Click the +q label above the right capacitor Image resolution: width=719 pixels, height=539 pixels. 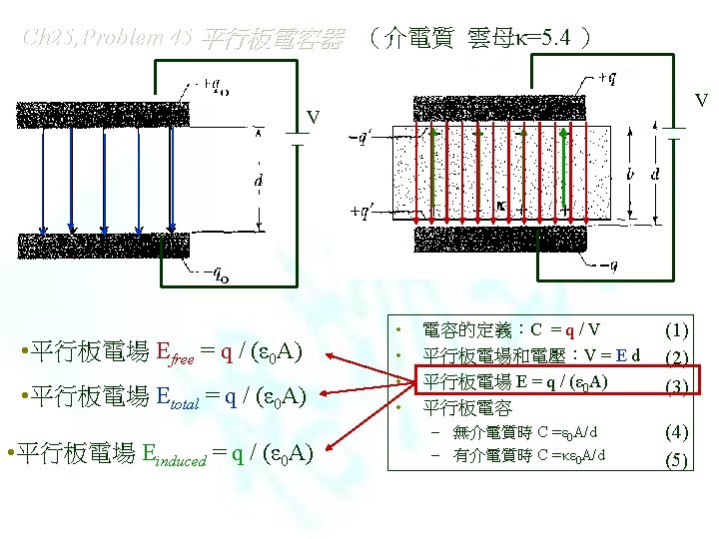click(x=608, y=77)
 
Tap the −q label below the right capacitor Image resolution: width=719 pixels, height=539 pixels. click(x=608, y=267)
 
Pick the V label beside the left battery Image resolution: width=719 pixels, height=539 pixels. click(x=314, y=118)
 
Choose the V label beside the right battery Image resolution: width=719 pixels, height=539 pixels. click(x=702, y=100)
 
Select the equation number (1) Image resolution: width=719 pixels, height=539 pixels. click(x=677, y=328)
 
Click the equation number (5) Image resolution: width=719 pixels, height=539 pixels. click(x=677, y=459)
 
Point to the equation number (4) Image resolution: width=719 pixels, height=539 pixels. click(x=677, y=432)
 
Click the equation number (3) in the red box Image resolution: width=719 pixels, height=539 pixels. click(x=677, y=384)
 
